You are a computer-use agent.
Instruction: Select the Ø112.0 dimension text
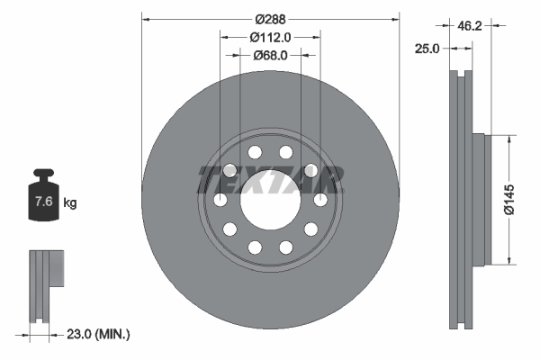[x=270, y=37]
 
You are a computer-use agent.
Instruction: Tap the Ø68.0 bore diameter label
[x=270, y=56]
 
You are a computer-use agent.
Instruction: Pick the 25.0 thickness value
[x=426, y=49]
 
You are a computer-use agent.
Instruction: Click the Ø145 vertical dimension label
[x=508, y=200]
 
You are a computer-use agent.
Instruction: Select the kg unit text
[x=70, y=202]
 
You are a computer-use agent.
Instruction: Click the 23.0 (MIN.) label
[x=98, y=334]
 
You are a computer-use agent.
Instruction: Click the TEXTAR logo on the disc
[x=269, y=179]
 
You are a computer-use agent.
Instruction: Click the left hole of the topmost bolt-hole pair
[x=255, y=152]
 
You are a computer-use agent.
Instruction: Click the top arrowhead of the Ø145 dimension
[x=508, y=138]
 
